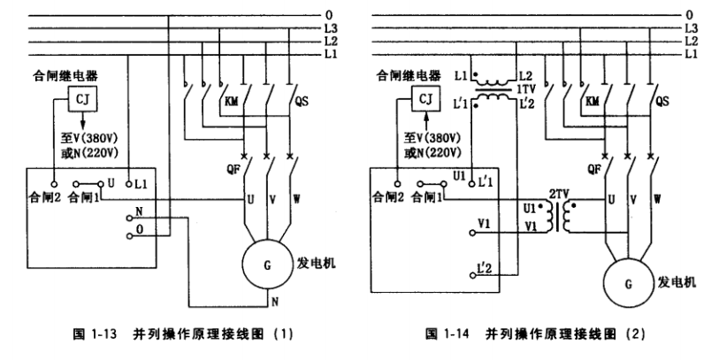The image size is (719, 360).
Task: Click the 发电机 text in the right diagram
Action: [678, 281]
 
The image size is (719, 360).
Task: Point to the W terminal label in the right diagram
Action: [659, 200]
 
